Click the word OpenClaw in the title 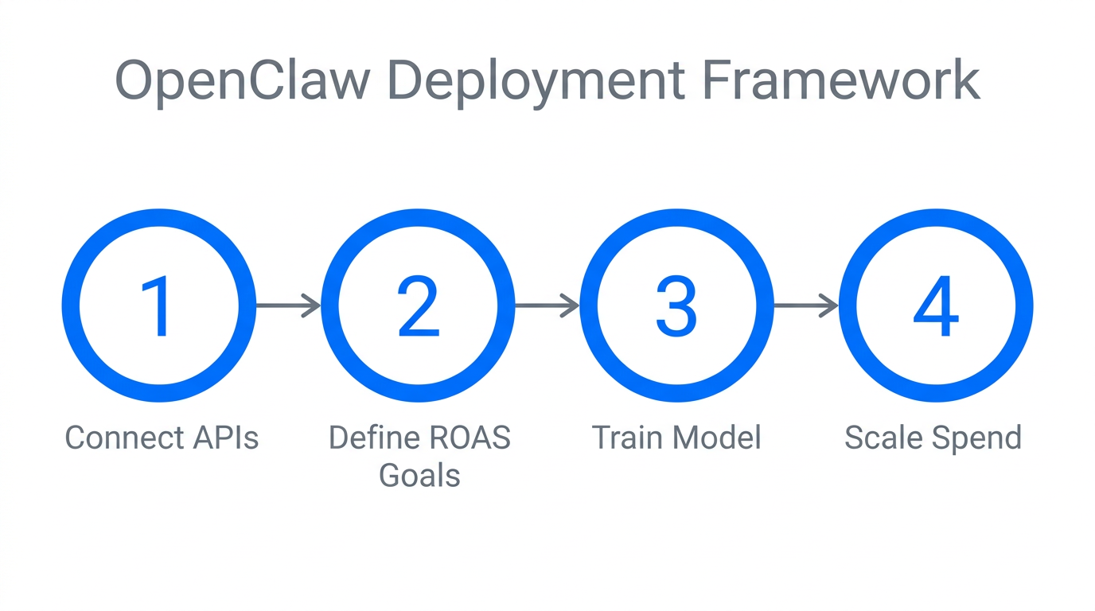(243, 80)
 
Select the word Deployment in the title (536, 80)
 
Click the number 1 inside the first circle (158, 306)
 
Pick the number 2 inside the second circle (419, 306)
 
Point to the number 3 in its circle (676, 306)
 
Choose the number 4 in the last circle (936, 306)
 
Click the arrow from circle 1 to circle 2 (288, 305)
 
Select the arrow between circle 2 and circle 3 (547, 305)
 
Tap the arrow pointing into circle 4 (805, 305)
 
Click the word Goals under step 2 (419, 476)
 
